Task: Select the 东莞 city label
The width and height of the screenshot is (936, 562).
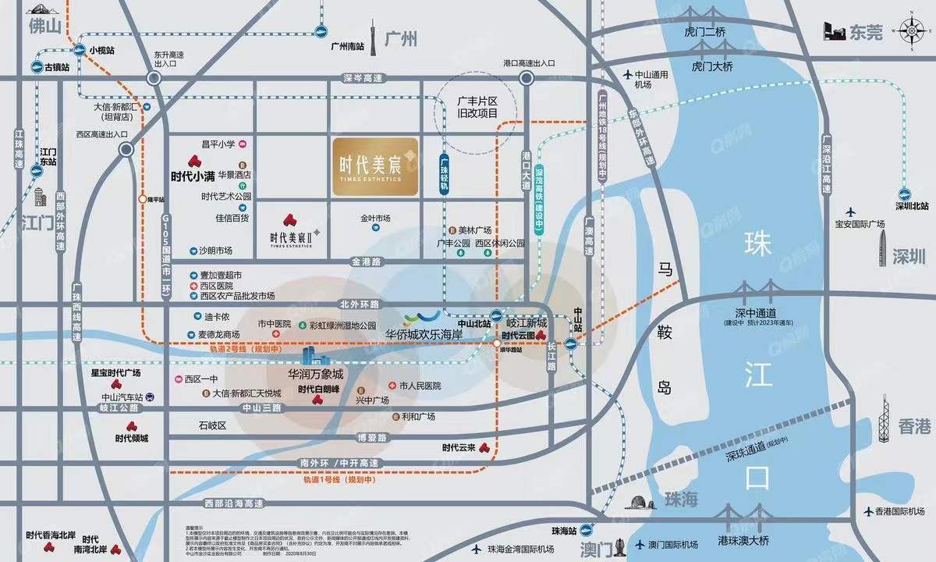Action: click(x=866, y=33)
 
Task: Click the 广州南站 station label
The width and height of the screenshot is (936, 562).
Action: click(x=347, y=47)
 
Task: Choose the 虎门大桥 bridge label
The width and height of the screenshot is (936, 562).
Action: click(x=713, y=67)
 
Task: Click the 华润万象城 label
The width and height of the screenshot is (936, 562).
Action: click(x=315, y=374)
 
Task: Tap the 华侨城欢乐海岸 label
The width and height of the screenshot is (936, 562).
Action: click(x=424, y=334)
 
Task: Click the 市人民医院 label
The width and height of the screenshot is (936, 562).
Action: click(x=420, y=386)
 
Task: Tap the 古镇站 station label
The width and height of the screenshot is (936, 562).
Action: click(x=56, y=67)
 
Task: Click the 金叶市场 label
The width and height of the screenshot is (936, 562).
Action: click(x=375, y=219)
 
